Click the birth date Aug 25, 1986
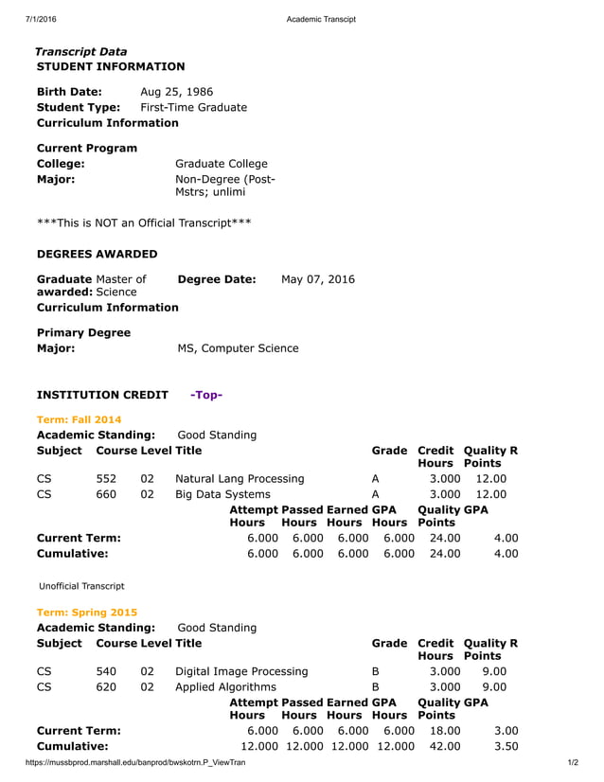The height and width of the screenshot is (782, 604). (x=176, y=92)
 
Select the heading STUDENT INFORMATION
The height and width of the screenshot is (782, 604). (x=111, y=67)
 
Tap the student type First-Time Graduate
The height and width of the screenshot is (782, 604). (x=193, y=108)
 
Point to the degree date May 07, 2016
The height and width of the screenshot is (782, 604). (x=318, y=280)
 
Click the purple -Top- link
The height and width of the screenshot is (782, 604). (x=206, y=395)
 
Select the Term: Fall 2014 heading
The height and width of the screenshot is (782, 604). (x=79, y=419)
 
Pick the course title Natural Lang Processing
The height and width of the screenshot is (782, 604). (x=240, y=479)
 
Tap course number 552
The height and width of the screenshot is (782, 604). (x=106, y=479)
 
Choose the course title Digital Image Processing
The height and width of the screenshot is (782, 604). (x=242, y=672)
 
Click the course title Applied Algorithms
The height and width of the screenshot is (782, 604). (x=226, y=687)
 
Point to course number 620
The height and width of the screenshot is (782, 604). (x=106, y=687)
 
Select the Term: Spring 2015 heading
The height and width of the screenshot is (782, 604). (x=84, y=613)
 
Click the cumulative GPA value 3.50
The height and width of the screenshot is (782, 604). (x=506, y=746)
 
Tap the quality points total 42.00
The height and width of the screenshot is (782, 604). (x=445, y=746)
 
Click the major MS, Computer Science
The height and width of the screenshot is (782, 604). (x=238, y=348)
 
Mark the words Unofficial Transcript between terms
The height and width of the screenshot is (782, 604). (x=81, y=586)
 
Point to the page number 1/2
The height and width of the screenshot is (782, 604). (x=573, y=762)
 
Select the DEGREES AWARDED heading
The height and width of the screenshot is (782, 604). (x=97, y=255)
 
